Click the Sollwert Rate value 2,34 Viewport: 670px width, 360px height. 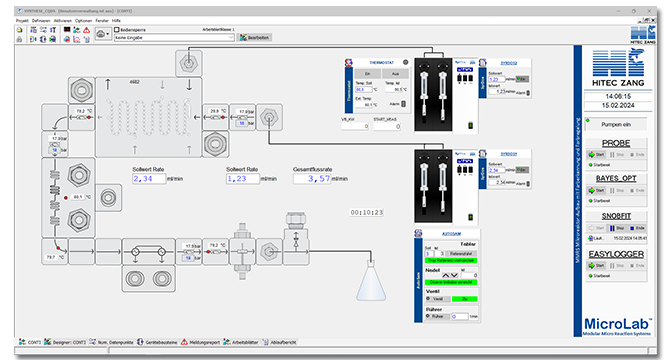pyautogui.click(x=147, y=179)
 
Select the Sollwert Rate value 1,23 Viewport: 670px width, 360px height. pyautogui.click(x=241, y=179)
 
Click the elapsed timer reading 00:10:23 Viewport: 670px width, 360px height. pyautogui.click(x=367, y=212)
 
